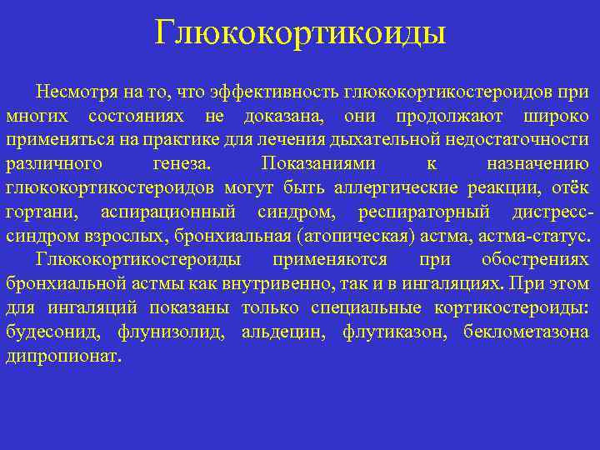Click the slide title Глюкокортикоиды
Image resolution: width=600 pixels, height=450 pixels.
tap(300, 33)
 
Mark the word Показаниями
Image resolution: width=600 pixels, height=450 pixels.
tap(317, 162)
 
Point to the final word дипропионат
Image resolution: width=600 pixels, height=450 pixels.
tap(62, 356)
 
